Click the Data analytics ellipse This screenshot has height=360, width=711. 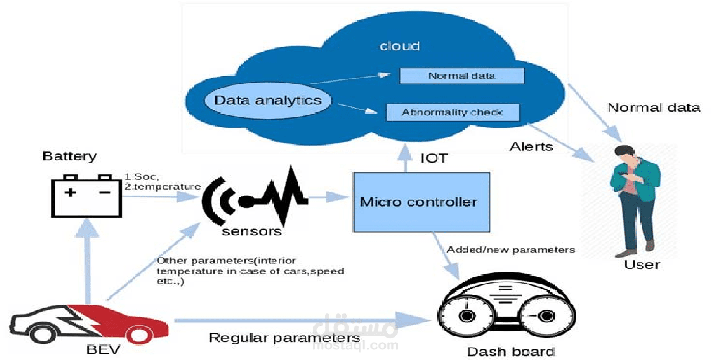click(267, 101)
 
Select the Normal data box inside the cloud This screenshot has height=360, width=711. click(462, 76)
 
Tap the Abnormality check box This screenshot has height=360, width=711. click(452, 112)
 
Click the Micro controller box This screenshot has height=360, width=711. click(419, 202)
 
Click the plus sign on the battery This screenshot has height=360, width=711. click(71, 192)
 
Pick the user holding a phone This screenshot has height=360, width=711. click(637, 199)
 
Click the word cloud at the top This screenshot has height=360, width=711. click(400, 46)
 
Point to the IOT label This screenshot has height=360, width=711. click(434, 158)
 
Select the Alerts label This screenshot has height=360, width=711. click(531, 147)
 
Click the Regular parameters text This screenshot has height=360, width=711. click(284, 338)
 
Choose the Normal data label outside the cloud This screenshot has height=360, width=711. click(654, 107)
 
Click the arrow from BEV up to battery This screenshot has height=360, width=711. click(91, 261)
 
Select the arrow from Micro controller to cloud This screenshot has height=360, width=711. click(405, 159)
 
